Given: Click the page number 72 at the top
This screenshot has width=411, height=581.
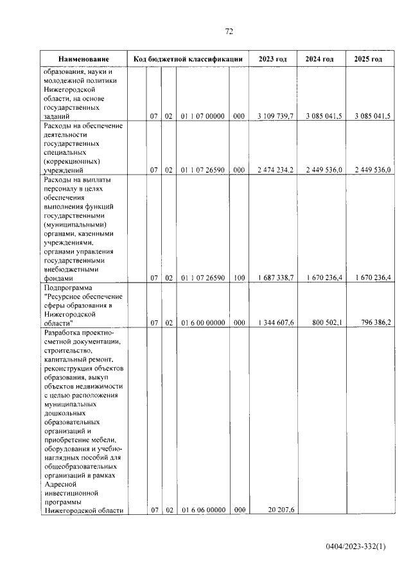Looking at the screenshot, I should point(229,31).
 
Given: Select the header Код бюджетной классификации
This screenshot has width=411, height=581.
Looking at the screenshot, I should point(188,59).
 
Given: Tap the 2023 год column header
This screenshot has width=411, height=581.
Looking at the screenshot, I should point(273,59).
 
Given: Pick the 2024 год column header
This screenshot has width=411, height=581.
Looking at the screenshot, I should point(319,59).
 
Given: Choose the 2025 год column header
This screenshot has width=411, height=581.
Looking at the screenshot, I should point(368,59).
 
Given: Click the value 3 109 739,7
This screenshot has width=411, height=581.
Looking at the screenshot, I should point(275,116).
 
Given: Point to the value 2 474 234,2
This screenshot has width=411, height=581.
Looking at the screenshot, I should point(275,170).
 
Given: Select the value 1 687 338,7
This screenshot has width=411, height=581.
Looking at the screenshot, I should point(275,278).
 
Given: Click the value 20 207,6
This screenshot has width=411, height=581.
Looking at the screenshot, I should point(279,510).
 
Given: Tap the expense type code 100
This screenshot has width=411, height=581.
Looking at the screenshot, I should point(239,278).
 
